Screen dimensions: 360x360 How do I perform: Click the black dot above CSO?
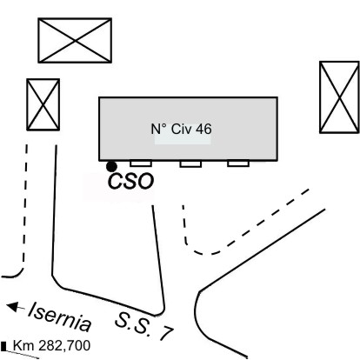111,167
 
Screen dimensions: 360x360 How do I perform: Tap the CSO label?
130,182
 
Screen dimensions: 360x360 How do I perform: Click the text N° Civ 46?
182,129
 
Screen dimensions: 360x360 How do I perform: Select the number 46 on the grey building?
203,129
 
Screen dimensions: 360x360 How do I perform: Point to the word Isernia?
60,317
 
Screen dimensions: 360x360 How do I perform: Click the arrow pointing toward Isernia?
16,307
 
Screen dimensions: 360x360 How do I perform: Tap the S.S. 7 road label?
144,326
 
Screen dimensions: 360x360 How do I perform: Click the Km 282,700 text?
51,346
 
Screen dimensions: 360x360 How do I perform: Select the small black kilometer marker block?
3,346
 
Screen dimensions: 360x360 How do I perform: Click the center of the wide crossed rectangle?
75,41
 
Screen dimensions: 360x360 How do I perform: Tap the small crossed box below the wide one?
43,104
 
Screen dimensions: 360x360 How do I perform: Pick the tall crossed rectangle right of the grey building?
339,97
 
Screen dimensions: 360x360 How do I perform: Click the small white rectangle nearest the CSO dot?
141,163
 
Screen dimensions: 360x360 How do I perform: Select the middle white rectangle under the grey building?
190,164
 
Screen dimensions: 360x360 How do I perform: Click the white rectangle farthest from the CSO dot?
238,163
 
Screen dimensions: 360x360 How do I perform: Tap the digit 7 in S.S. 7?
166,333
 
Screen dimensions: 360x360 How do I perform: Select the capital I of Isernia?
32,309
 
